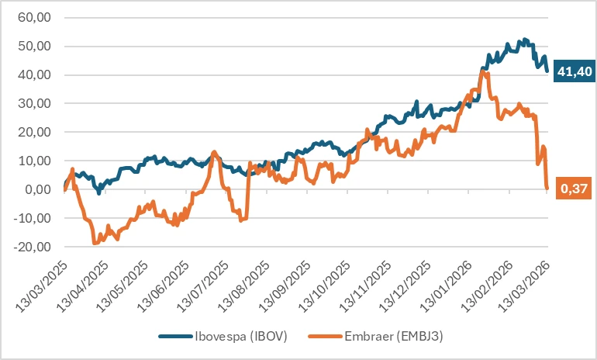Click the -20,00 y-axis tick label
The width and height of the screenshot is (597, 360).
point(33,247)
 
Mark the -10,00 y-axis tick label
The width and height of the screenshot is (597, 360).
point(33,218)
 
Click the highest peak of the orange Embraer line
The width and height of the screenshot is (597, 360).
point(482,71)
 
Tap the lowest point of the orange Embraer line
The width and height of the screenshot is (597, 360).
point(95,244)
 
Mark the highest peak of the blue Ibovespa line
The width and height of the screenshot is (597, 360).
point(525,39)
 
